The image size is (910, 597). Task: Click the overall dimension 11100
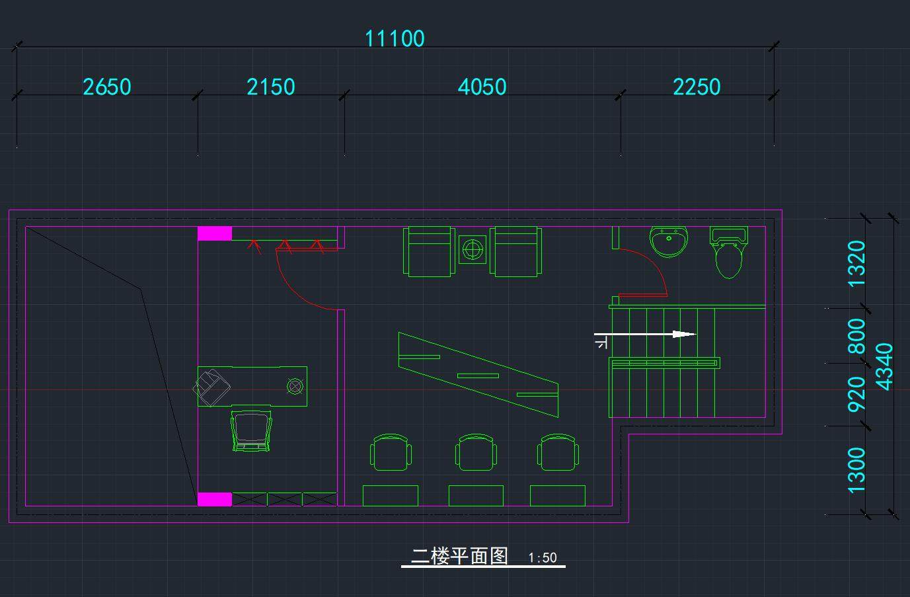click(x=395, y=38)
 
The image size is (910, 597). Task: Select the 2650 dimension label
click(x=106, y=87)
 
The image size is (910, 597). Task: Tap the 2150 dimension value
click(x=270, y=87)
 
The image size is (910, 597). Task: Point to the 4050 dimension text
click(x=482, y=87)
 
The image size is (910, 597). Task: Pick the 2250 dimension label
click(x=697, y=87)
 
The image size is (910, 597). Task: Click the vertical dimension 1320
click(x=856, y=263)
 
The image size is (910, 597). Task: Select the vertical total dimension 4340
click(x=884, y=366)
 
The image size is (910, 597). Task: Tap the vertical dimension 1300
click(x=856, y=470)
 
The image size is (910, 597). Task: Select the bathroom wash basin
click(x=669, y=241)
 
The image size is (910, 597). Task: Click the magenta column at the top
click(x=215, y=233)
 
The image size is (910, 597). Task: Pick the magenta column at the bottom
click(x=215, y=499)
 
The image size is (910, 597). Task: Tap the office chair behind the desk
click(x=250, y=430)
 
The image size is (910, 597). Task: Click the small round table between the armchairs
click(x=473, y=250)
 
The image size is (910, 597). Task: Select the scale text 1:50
click(x=543, y=558)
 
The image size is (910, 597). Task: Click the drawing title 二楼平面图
click(x=459, y=556)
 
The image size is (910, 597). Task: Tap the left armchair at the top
click(x=429, y=251)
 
